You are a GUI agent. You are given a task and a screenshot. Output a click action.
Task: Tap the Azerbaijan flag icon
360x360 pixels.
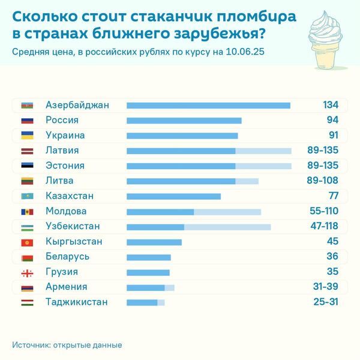coord(27,106)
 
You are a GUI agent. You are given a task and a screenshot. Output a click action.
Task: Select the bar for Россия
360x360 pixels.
coord(184,121)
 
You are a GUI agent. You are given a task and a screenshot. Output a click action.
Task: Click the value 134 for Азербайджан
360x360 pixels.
coord(331,106)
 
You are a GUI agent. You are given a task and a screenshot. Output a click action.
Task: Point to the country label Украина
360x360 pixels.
coord(65,136)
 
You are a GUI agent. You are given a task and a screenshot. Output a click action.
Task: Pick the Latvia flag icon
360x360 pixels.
coord(27,151)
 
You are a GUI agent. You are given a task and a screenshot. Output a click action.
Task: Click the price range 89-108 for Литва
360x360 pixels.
coord(322,181)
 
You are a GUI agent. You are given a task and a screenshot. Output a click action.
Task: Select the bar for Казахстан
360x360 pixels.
coord(173,196)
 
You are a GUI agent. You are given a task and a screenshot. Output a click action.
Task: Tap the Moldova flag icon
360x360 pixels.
coord(27,211)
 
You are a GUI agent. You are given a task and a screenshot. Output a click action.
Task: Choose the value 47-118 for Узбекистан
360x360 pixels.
coord(322,226)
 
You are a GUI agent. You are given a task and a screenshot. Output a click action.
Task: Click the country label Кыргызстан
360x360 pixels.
coord(74,242)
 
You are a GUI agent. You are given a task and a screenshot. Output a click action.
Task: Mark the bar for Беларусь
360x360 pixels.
coord(148,257)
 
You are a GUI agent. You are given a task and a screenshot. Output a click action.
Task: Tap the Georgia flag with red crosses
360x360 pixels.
coord(27,272)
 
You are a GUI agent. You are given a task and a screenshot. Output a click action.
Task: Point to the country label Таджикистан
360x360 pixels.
coord(77,302)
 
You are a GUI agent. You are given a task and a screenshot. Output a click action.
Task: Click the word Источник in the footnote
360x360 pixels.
coord(31,345)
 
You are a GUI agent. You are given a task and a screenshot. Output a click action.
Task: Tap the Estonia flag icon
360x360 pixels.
coord(27,166)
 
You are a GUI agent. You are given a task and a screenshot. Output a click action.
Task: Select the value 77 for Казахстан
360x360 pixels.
coord(334,196)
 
